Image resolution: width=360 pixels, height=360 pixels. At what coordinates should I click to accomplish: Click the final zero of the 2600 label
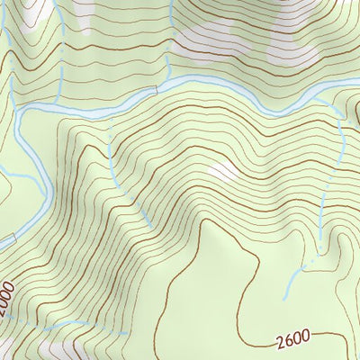(306, 337)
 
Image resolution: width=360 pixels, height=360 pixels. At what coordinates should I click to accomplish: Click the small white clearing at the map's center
(221, 170)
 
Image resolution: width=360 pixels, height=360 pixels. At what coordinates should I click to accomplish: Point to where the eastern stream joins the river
(335, 109)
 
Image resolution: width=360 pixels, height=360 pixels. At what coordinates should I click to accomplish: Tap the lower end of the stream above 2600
(286, 297)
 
